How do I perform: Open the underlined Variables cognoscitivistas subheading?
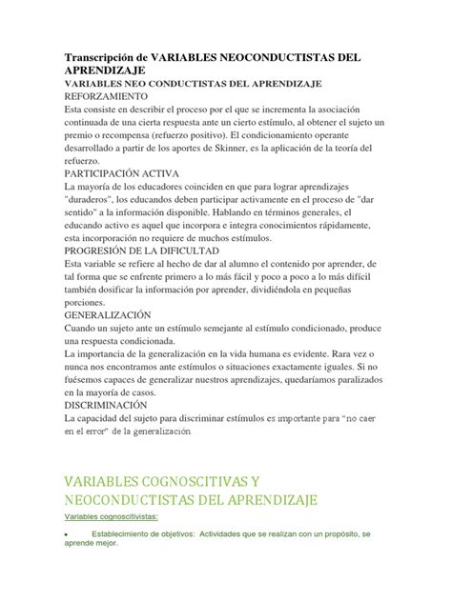click(113, 516)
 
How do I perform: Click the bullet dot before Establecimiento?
click(64, 536)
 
